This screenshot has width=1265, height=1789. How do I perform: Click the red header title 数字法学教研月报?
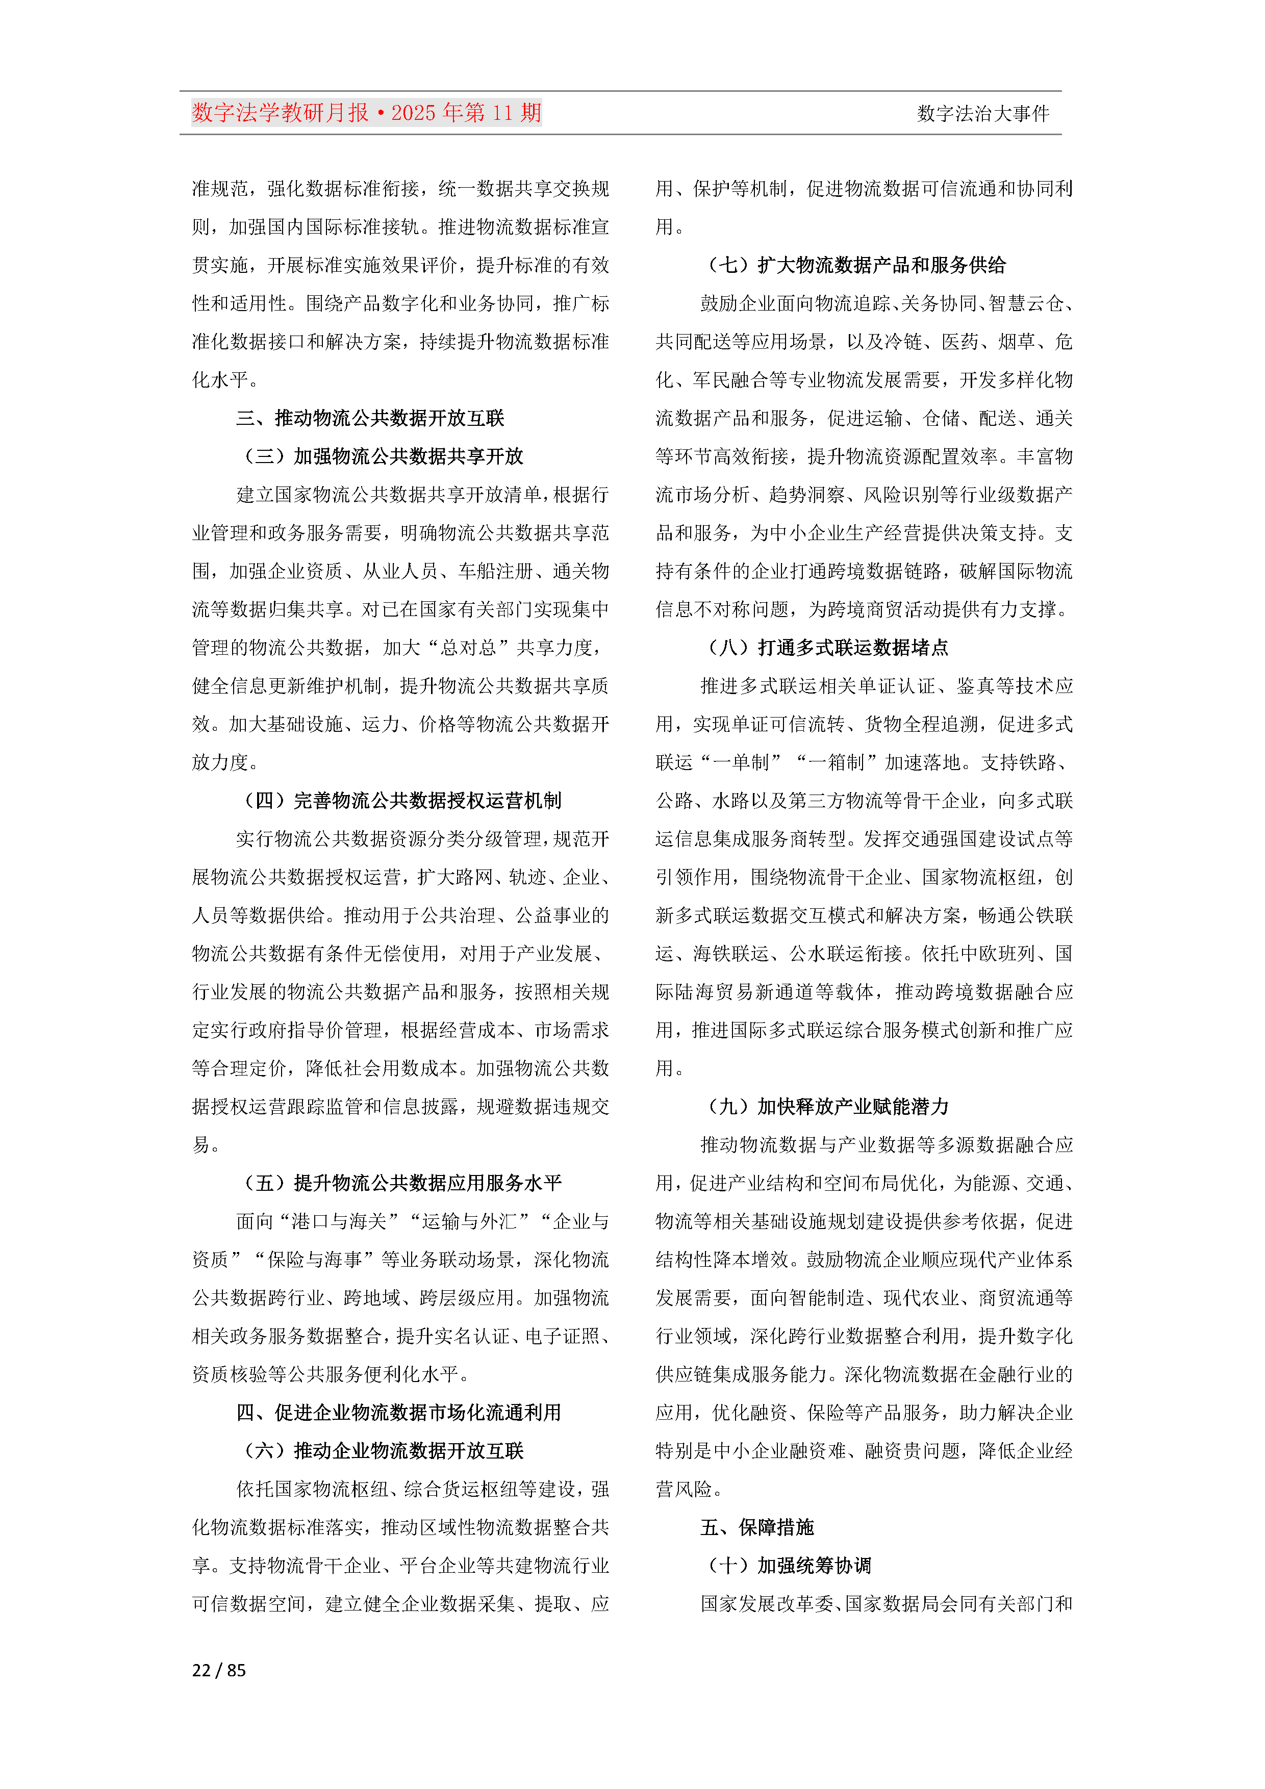coord(281,113)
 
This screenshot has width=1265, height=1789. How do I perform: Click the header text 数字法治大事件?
coord(983,114)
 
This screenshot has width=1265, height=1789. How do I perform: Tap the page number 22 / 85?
coord(219,1670)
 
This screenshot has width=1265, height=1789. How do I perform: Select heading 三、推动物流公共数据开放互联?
coord(370,418)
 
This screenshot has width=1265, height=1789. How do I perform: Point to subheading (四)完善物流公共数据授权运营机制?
coord(402,800)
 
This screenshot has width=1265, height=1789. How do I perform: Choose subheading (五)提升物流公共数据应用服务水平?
coord(402,1183)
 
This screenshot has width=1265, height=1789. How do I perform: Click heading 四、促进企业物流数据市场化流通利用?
coord(398,1413)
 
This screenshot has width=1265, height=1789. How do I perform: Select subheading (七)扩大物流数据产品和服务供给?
coord(855,265)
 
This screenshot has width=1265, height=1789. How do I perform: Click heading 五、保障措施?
coord(757,1527)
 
